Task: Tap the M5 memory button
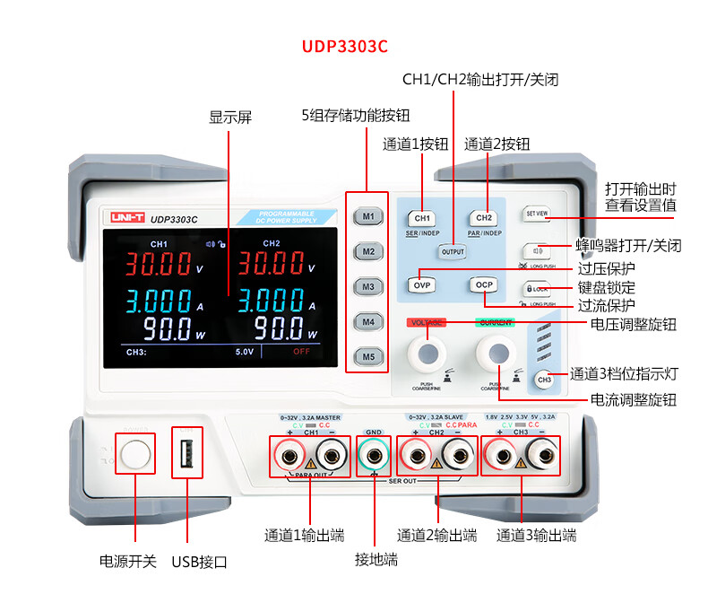coord(367,356)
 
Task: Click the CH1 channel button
coord(422,218)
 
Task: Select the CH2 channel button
coord(484,218)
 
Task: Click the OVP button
coord(422,284)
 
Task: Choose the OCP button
coord(484,284)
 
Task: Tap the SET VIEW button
coord(537,214)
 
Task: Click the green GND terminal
coord(374,457)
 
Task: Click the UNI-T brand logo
coord(125,217)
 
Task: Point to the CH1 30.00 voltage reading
coord(158,263)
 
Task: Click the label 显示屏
coord(230,118)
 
